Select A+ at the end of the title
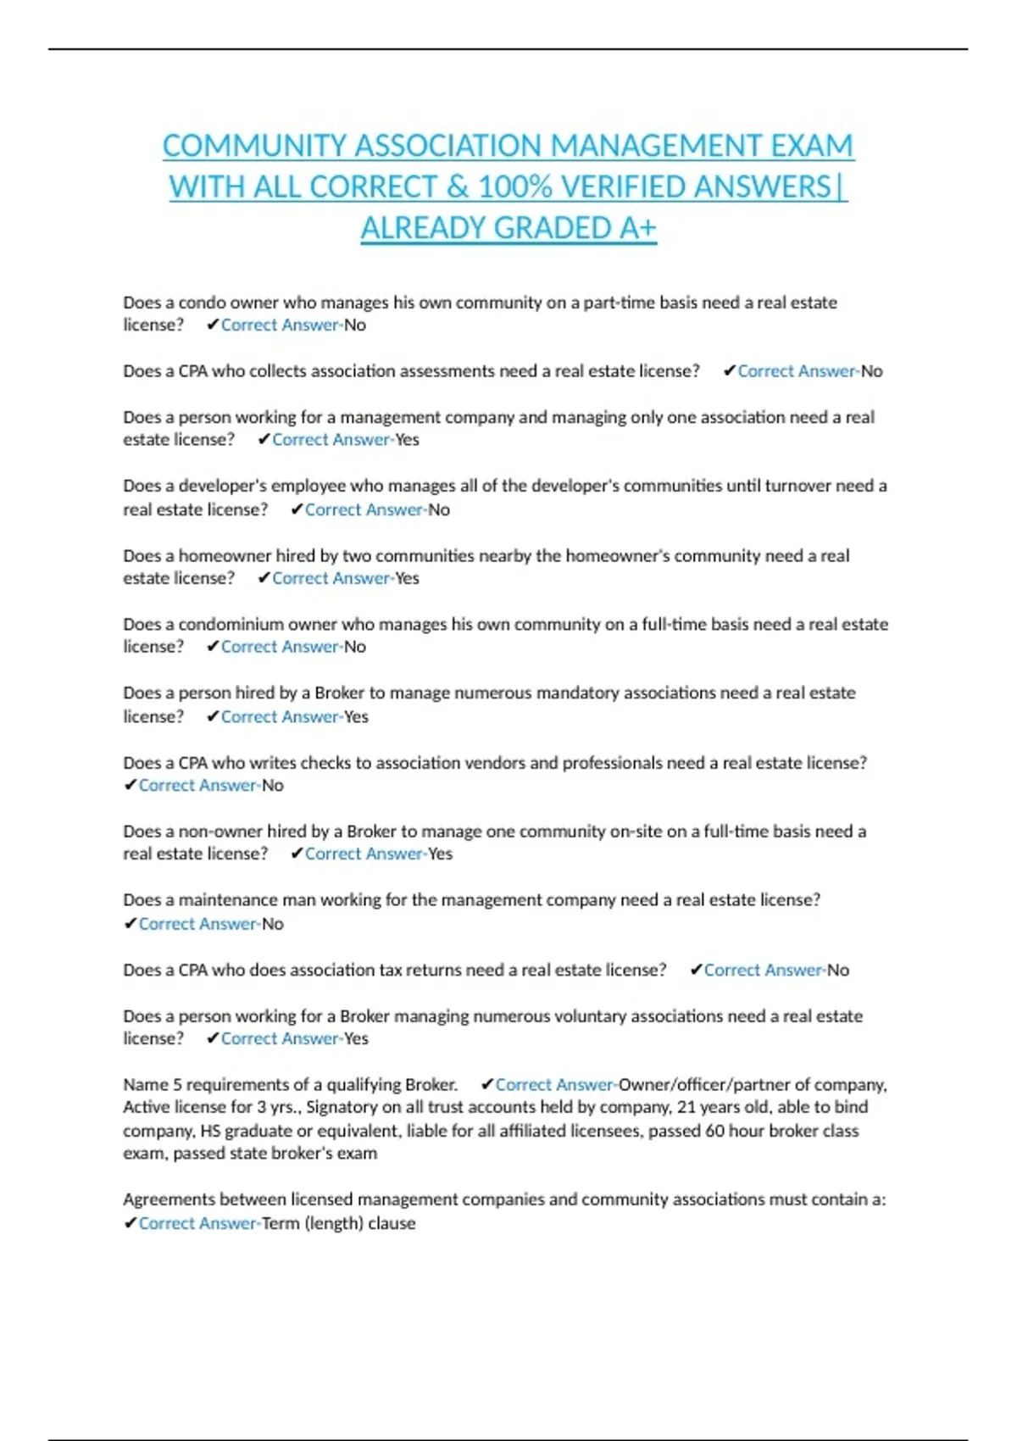pos(637,228)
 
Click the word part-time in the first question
pos(618,303)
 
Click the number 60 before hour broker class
pos(716,1132)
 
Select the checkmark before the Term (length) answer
pos(130,1223)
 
